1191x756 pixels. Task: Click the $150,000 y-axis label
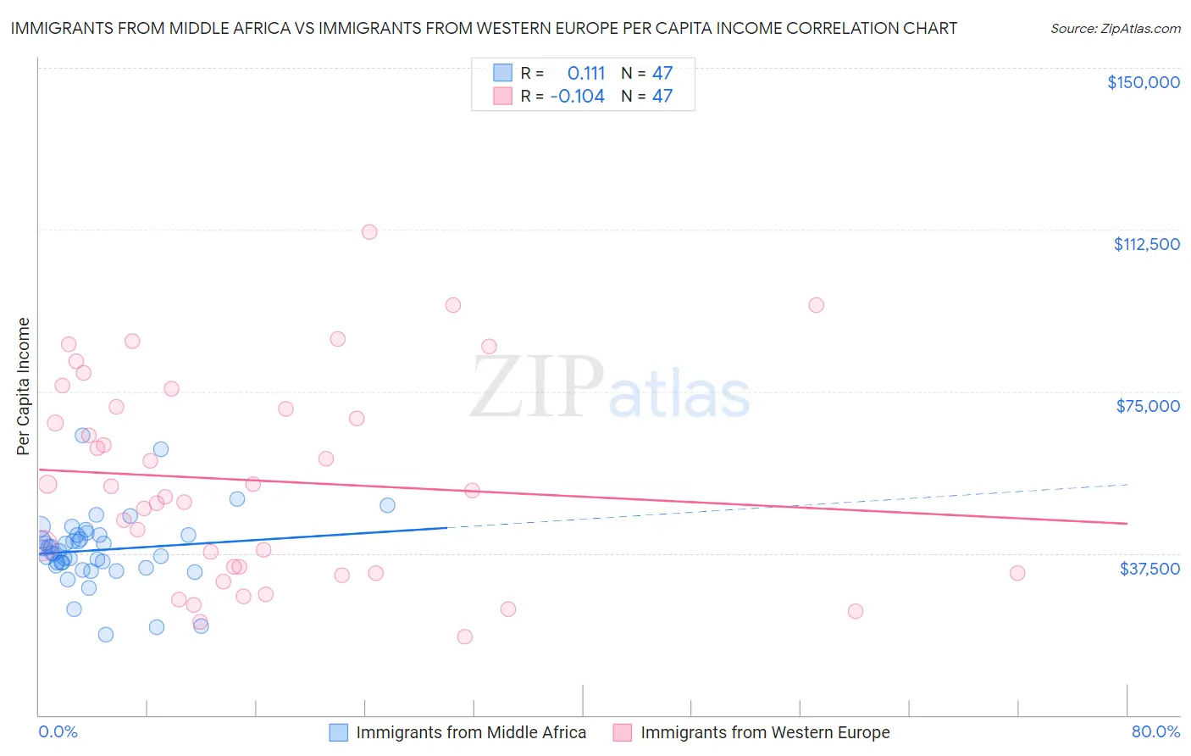tap(1143, 82)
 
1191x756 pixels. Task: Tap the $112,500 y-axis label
tap(1146, 244)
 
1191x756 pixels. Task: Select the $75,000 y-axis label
tap(1148, 406)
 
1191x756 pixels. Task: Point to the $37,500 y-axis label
tap(1149, 569)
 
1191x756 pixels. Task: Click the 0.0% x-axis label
tap(58, 731)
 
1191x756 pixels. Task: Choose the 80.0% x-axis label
tap(1155, 731)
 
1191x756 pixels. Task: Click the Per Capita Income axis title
tap(23, 386)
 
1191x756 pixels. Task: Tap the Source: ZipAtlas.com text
tap(1115, 29)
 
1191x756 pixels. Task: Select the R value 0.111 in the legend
tap(586, 73)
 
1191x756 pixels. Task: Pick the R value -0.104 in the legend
tap(577, 97)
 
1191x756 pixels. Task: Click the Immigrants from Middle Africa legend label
tap(471, 732)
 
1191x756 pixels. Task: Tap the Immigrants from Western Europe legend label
tap(765, 732)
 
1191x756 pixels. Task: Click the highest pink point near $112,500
tap(369, 231)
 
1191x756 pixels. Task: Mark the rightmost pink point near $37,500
tap(1017, 573)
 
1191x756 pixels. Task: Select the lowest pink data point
tap(464, 636)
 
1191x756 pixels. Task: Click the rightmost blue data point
tap(387, 505)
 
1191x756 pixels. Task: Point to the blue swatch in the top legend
tap(503, 73)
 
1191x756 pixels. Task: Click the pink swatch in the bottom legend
tap(623, 732)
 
